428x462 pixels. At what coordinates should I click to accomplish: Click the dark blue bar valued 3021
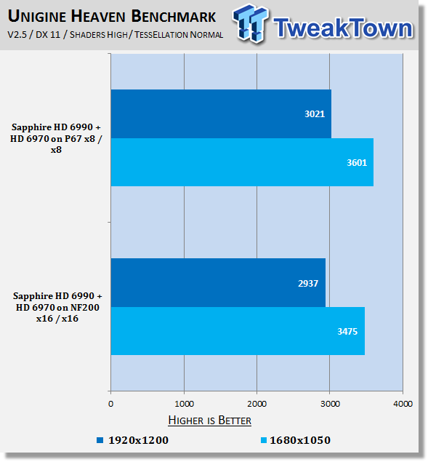click(x=221, y=113)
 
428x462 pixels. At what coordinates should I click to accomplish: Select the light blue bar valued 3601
click(x=242, y=162)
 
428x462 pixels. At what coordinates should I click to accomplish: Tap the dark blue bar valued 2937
click(x=219, y=283)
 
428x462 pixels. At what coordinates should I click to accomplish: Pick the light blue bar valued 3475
click(x=238, y=331)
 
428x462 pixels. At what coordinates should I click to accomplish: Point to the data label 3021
click(x=315, y=114)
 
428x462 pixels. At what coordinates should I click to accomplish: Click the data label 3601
click(x=357, y=163)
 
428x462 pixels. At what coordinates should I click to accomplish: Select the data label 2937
click(x=308, y=284)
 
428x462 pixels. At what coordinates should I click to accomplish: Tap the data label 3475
click(x=347, y=332)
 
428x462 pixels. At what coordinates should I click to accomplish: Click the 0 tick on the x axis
click(x=110, y=404)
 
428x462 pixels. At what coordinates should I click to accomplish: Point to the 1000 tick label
click(x=184, y=404)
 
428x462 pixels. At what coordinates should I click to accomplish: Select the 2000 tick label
click(x=257, y=404)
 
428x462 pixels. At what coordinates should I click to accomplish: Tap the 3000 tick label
click(x=330, y=404)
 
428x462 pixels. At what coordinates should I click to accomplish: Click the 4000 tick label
click(x=403, y=404)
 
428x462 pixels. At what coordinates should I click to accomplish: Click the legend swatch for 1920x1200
click(x=100, y=440)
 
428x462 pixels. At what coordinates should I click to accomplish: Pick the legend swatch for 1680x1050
click(x=264, y=440)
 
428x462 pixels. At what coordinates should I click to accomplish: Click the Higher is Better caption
click(x=209, y=420)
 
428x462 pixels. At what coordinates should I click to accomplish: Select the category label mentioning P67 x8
click(x=56, y=138)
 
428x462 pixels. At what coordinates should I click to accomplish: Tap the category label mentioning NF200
click(x=57, y=307)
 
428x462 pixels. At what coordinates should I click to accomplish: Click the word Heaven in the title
click(x=99, y=16)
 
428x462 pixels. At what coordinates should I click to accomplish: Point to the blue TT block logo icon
click(x=250, y=23)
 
